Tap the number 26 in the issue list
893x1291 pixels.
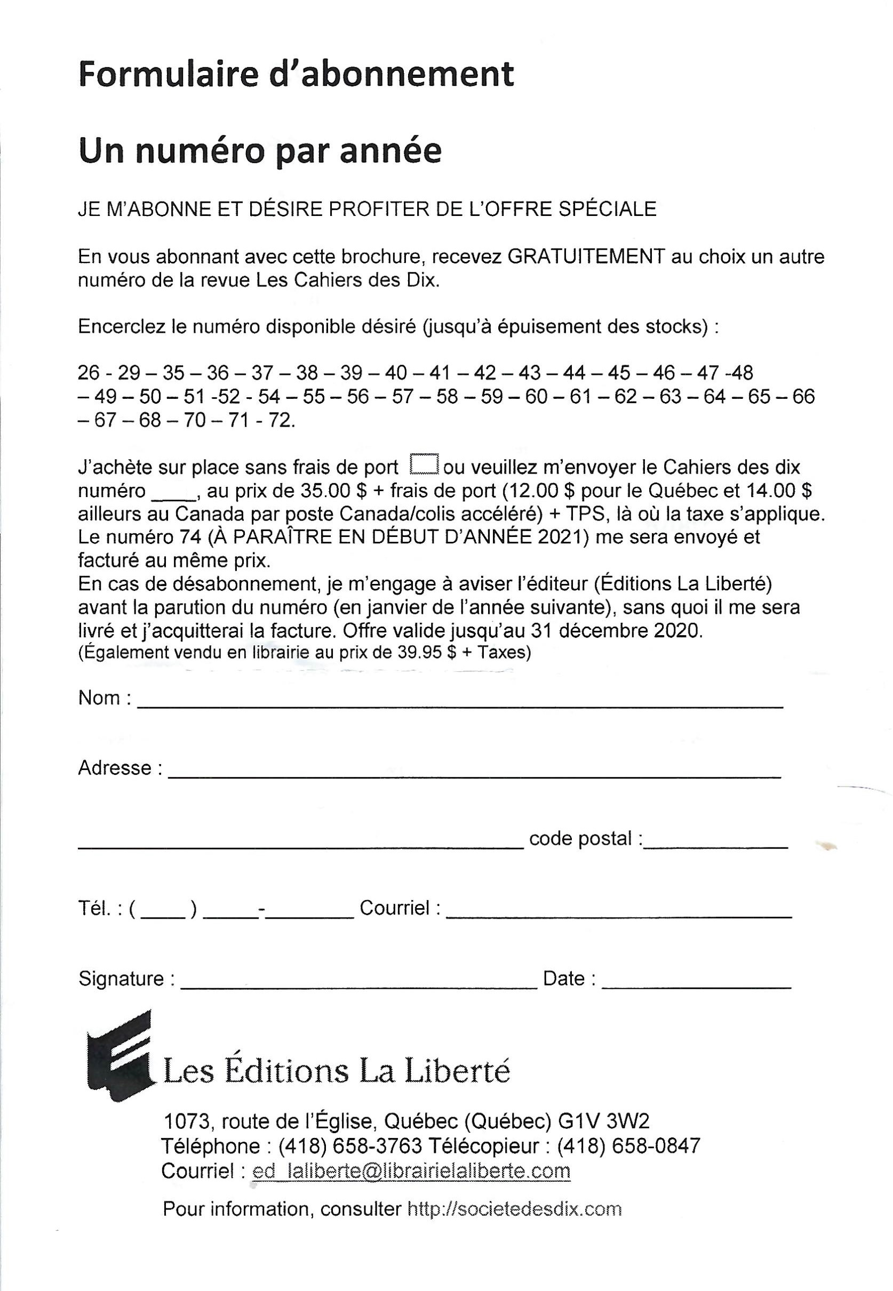click(x=89, y=373)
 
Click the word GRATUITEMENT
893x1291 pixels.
click(x=586, y=256)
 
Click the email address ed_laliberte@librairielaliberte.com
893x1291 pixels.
click(x=411, y=1170)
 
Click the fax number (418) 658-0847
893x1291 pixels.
click(x=628, y=1146)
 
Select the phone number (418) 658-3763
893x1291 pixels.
click(x=350, y=1146)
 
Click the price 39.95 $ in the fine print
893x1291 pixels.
click(x=412, y=653)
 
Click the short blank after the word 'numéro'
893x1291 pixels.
click(x=172, y=493)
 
